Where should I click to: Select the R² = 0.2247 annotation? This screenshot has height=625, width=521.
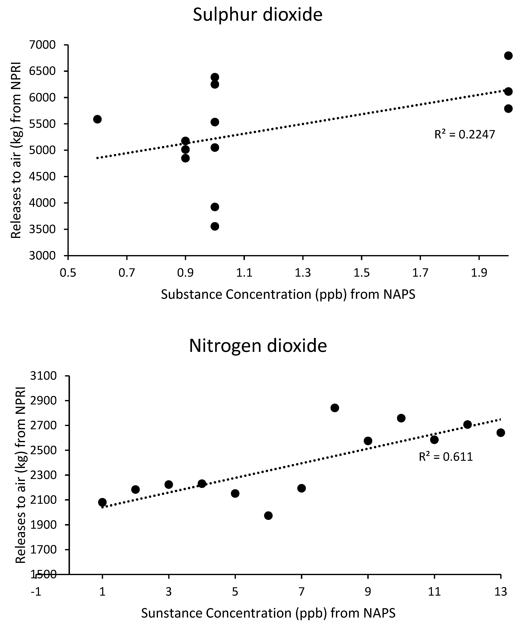tap(465, 135)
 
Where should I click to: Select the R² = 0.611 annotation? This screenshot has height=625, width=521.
tap(446, 456)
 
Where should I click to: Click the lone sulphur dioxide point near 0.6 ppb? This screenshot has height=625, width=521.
tap(97, 119)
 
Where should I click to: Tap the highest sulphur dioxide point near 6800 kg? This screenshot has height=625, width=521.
tap(508, 56)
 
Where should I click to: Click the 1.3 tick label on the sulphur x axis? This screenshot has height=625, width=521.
tap(303, 273)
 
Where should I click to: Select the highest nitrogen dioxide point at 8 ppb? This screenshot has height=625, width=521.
tap(335, 408)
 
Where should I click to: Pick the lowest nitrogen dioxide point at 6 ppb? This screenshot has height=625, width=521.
tap(268, 515)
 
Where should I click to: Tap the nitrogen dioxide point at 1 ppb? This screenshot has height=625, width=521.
tap(102, 502)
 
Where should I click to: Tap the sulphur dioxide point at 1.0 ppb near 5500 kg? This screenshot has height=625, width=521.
tap(215, 122)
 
